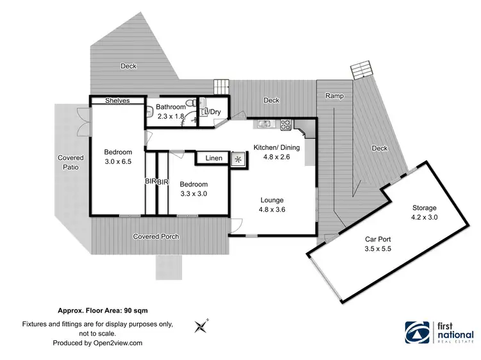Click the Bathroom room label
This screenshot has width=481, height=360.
[x=171, y=107]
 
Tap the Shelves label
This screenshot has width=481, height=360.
[x=117, y=101]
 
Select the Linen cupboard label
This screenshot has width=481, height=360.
[x=214, y=158]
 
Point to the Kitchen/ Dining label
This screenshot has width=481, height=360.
[x=276, y=147]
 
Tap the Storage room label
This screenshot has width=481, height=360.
[x=424, y=208]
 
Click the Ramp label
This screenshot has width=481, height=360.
[x=334, y=96]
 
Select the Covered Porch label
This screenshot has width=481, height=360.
[x=156, y=236]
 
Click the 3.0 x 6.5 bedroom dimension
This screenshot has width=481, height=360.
[x=118, y=162]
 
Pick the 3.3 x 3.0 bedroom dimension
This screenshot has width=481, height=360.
[x=193, y=193]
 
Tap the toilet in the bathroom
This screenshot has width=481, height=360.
[x=190, y=103]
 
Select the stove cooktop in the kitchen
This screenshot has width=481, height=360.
[x=285, y=124]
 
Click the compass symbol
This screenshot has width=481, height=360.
[x=201, y=326]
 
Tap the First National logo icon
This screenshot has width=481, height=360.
[x=417, y=331]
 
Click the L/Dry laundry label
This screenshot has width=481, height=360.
[x=212, y=112]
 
